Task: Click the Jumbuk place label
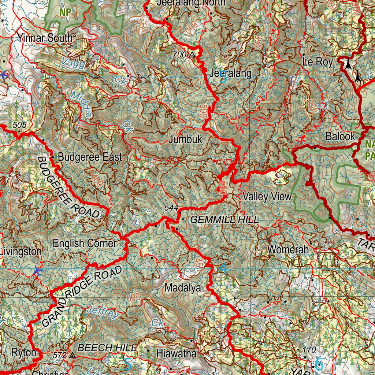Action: click(185, 140)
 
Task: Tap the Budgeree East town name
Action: click(90, 157)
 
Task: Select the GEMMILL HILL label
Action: click(224, 220)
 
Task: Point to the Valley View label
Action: click(267, 197)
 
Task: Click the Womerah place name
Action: click(288, 250)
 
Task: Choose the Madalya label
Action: click(183, 288)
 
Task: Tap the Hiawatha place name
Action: click(176, 354)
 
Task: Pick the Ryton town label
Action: click(24, 353)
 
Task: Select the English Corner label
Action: click(85, 243)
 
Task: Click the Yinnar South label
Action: click(45, 38)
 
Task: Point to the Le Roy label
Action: click(318, 62)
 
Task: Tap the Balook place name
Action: click(341, 137)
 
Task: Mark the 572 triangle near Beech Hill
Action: click(72, 355)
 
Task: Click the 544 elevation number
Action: click(171, 208)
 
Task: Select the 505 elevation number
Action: click(19, 125)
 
